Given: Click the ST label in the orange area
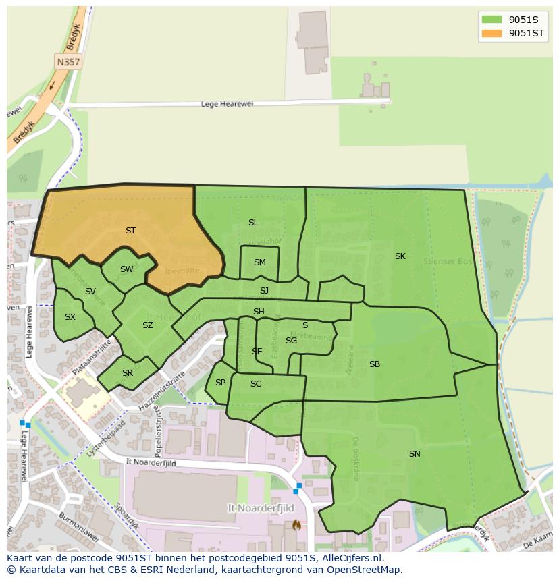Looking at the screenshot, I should coord(130,231).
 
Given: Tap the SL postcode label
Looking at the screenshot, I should coord(253,223).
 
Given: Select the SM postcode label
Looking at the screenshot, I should coord(260,262).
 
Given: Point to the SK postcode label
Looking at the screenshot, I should coord(400,256).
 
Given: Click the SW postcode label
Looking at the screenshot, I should coord(127,269).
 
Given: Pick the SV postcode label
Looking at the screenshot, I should coord(90,292).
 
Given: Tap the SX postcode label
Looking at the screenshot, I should coord(70,317).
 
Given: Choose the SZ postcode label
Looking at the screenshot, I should coord(148,325).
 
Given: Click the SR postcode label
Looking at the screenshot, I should coord(128,373).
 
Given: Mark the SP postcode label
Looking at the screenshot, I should coord(220,383).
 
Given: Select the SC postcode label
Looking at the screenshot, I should coord(256,384).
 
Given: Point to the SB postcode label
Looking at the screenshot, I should coord(375,364).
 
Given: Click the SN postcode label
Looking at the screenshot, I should coord(415,454).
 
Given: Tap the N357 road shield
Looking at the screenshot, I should coord(68,61).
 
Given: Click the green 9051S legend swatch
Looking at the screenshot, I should coord(492,20).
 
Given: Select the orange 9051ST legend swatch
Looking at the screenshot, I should coord(492,33).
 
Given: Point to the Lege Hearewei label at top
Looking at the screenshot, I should coord(226,104).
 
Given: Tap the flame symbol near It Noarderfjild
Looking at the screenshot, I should coord(295,524).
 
